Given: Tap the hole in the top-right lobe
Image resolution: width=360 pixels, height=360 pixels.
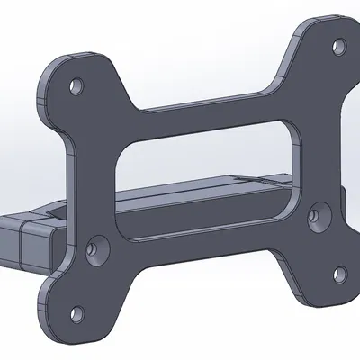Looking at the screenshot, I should click(x=338, y=45).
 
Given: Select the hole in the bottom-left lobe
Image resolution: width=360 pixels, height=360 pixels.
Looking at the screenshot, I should click(x=76, y=315).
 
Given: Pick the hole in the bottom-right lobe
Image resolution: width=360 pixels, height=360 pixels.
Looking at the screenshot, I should click(x=339, y=273).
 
